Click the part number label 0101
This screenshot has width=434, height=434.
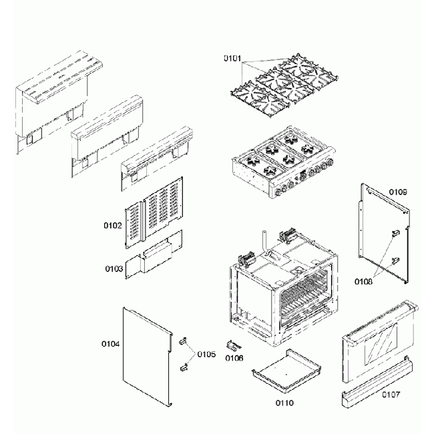pos(232,59)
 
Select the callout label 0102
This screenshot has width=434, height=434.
pos(112,226)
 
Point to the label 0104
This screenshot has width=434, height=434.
pos(110,344)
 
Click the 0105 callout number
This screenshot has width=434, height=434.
pos(206,353)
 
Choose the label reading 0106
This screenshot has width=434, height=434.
pos(234,359)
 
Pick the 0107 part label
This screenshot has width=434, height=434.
pos(391,395)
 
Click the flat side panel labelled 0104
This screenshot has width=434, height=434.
pos(147,354)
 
